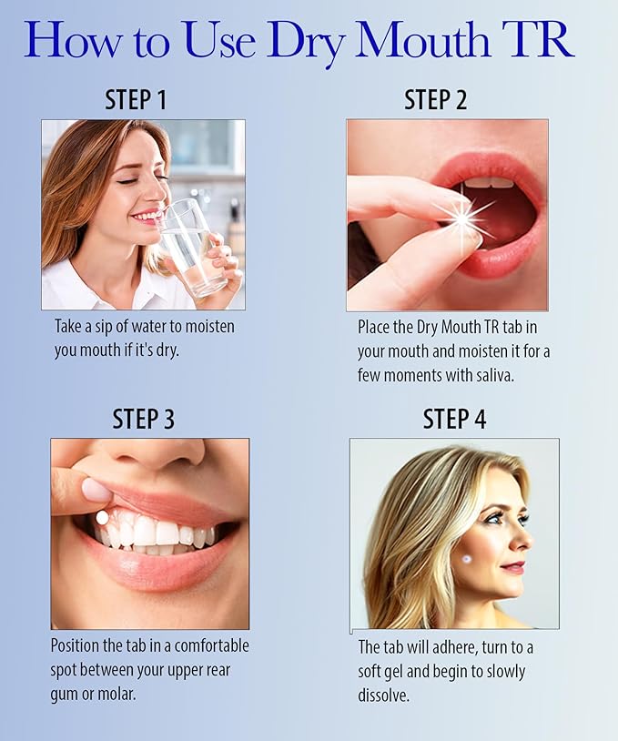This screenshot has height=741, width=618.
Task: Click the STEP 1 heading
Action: pos(136,100)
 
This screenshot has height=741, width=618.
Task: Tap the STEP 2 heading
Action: pos(435,100)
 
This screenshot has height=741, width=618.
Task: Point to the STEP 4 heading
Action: pos(454,419)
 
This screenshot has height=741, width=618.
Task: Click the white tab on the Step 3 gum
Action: pos(102,517)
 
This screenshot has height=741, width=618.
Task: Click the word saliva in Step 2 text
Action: pos(492,374)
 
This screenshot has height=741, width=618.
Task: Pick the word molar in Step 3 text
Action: pos(130,692)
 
